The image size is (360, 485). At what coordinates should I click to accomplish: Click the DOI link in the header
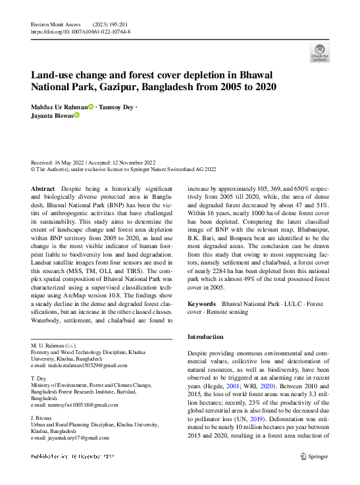click(x=81, y=31)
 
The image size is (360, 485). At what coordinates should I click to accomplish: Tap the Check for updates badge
click(x=319, y=53)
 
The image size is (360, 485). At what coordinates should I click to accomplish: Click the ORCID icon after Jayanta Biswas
click(x=76, y=115)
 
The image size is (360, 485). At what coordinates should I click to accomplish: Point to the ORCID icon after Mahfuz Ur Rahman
click(x=91, y=106)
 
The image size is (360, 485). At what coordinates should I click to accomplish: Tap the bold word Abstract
click(x=43, y=188)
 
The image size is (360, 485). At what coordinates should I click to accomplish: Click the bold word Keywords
click(x=202, y=304)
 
